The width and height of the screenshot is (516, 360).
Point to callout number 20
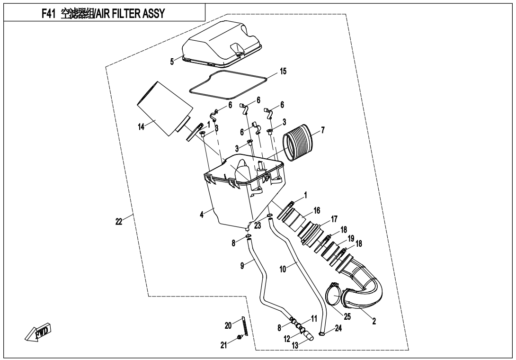point(228,325)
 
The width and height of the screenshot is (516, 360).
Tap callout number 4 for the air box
point(202,214)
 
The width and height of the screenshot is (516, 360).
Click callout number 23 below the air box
point(258,225)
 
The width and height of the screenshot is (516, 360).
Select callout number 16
point(317,209)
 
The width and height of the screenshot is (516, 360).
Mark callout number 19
point(351,238)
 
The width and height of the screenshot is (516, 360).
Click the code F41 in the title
point(51,13)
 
